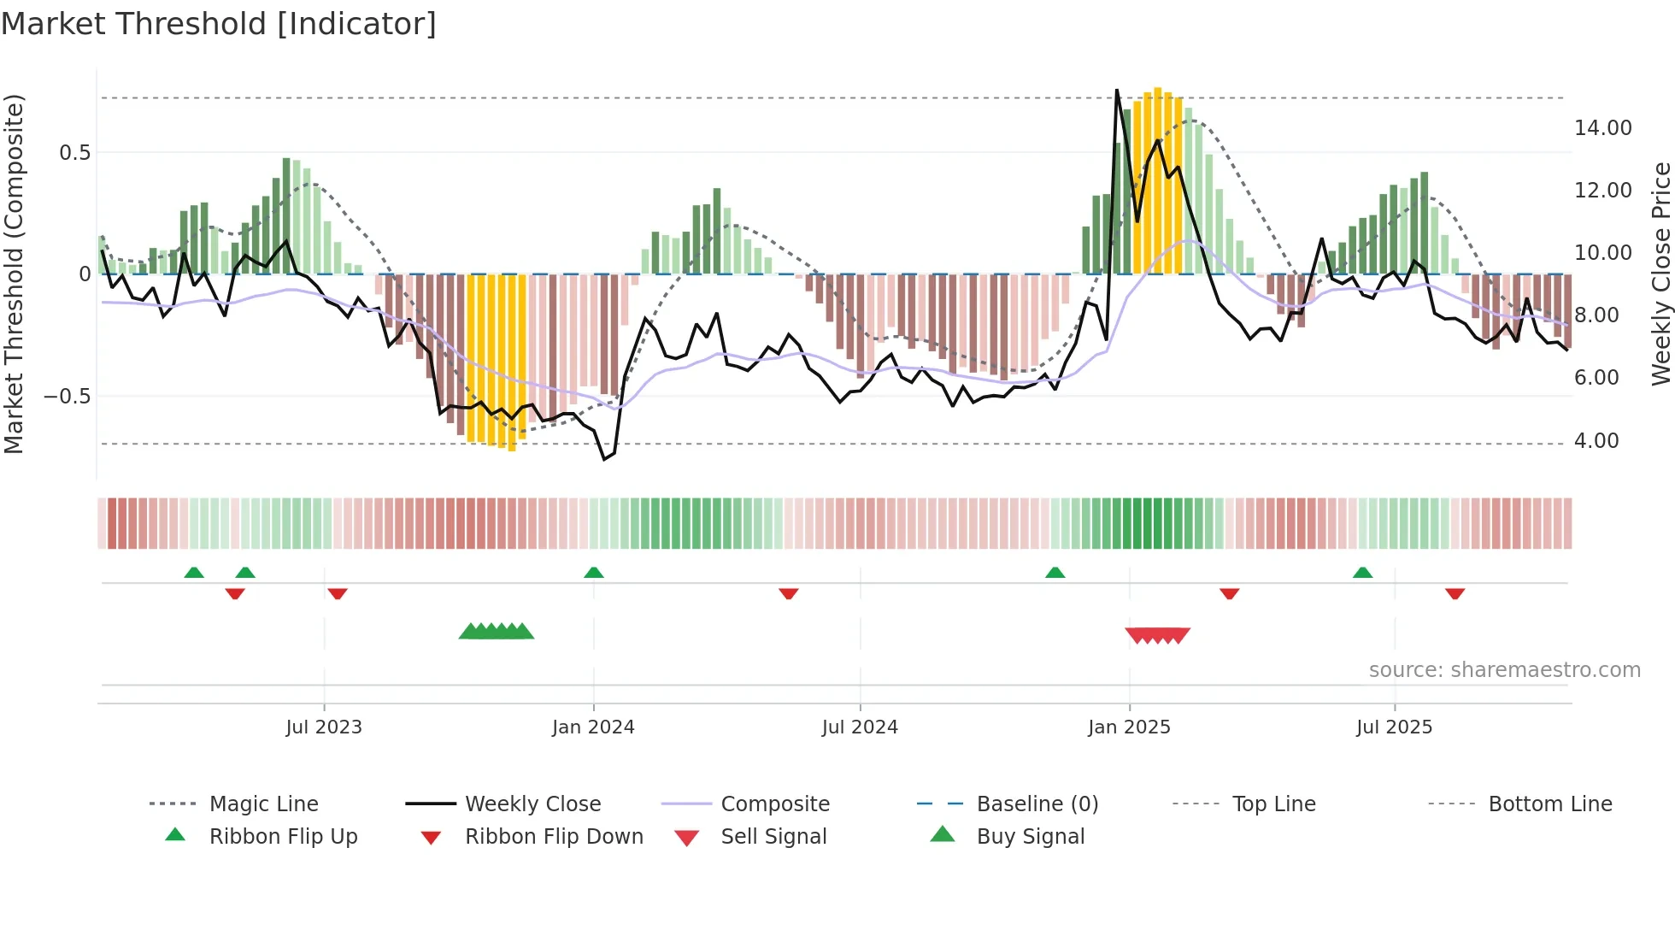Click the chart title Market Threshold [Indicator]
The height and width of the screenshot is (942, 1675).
[x=219, y=24]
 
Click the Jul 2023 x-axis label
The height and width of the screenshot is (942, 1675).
[x=324, y=727]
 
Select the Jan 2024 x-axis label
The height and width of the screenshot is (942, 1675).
[x=593, y=727]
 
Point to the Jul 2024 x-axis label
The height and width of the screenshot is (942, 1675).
[x=860, y=727]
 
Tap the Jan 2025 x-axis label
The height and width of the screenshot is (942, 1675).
[x=1129, y=727]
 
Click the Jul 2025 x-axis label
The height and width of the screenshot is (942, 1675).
[x=1394, y=727]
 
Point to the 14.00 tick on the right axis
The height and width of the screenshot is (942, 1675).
[x=1602, y=128]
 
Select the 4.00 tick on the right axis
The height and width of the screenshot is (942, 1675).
[x=1596, y=441]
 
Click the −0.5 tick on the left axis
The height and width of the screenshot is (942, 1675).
[x=67, y=397]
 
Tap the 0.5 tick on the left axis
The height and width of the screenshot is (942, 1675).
[x=74, y=153]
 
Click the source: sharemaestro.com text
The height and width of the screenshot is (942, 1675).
[x=1504, y=670]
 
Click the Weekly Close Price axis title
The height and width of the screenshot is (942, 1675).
[x=1660, y=274]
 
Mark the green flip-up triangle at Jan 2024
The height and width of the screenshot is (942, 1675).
[x=594, y=573]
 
